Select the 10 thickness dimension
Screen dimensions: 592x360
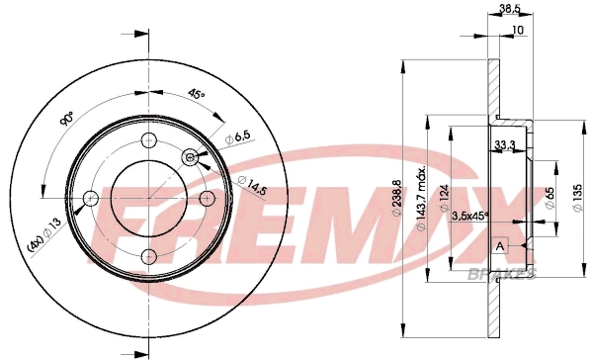pyautogui.click(x=519, y=30)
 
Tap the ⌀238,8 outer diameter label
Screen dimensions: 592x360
pyautogui.click(x=396, y=199)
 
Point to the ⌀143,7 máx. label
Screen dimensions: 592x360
pyautogui.click(x=421, y=198)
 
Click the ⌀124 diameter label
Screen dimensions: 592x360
pyautogui.click(x=444, y=198)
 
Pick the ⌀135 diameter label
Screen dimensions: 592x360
pyautogui.click(x=578, y=199)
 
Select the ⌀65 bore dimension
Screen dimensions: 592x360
pyautogui.click(x=550, y=198)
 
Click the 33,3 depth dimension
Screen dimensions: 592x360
pyautogui.click(x=505, y=144)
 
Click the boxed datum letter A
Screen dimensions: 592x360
pyautogui.click(x=500, y=246)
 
